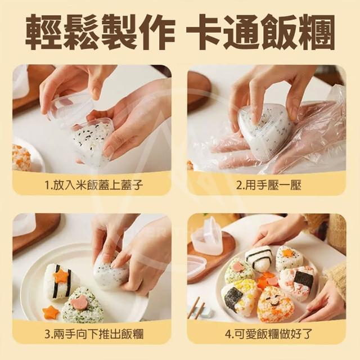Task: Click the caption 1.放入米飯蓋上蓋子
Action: pos(93,185)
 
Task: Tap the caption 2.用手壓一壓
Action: pos(269,185)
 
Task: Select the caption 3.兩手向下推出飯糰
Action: pos(94,334)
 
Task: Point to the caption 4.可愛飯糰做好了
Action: pos(269,334)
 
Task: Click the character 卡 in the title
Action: pos(204,32)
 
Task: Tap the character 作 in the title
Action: pos(156,32)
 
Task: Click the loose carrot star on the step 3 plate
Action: pos(50,312)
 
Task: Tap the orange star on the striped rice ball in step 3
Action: pos(61,275)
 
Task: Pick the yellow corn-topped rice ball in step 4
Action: pos(238,296)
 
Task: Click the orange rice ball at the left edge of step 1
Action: pos(21,157)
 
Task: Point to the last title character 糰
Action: pos(316,32)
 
